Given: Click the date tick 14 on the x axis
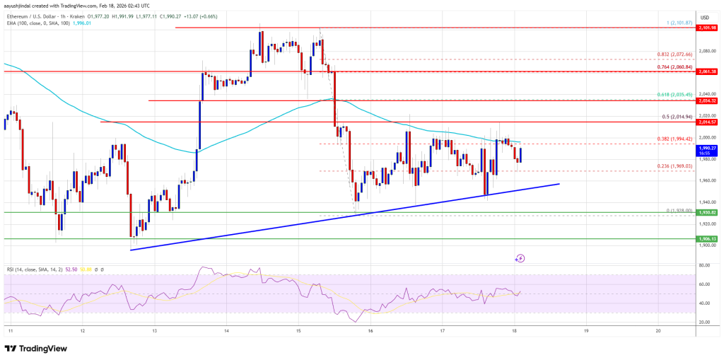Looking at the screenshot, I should point(226,330).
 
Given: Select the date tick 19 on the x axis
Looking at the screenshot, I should point(586,330).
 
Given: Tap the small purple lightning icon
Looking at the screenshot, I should point(520,259).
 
